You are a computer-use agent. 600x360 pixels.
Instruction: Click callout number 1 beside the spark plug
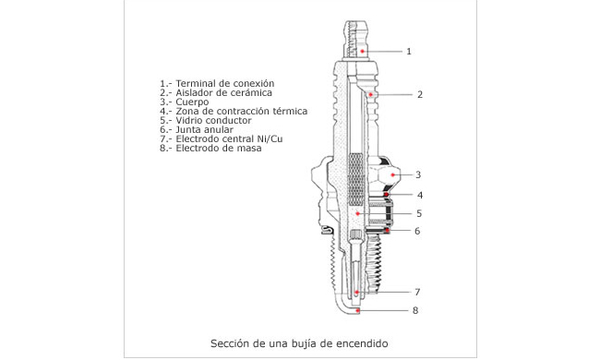[409, 52]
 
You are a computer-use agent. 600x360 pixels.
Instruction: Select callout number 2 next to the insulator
[420, 94]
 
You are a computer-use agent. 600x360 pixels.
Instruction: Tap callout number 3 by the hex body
[418, 174]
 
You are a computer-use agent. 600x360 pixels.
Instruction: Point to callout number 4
[420, 195]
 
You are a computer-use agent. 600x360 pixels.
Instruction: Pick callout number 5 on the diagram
[419, 213]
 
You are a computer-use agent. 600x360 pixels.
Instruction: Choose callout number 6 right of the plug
[417, 231]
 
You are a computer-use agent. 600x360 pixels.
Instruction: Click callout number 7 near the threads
[417, 293]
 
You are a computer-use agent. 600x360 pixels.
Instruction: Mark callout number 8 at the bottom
[415, 310]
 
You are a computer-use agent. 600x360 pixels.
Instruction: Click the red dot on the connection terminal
[362, 52]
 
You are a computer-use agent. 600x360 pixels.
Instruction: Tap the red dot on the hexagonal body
[393, 174]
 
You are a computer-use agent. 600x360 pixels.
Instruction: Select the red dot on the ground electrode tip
[358, 310]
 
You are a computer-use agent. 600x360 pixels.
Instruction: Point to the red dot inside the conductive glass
[357, 213]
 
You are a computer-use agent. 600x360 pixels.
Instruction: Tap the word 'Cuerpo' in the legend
[192, 102]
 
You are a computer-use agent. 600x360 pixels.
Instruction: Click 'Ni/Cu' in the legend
[270, 138]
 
